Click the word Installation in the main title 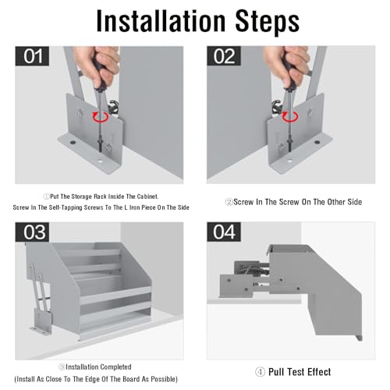pos(161,21)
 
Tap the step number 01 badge pos(32,56)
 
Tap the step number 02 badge pos(224,56)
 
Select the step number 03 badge pos(32,232)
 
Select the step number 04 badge pos(224,232)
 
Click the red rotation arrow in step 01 pos(101,117)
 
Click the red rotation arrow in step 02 pos(290,117)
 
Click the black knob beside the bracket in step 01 pos(114,107)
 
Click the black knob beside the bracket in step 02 pos(277,107)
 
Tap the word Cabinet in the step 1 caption pos(147,197)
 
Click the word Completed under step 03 pos(115,367)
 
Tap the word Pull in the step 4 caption pos(277,372)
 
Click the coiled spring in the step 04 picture pos(253,270)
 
